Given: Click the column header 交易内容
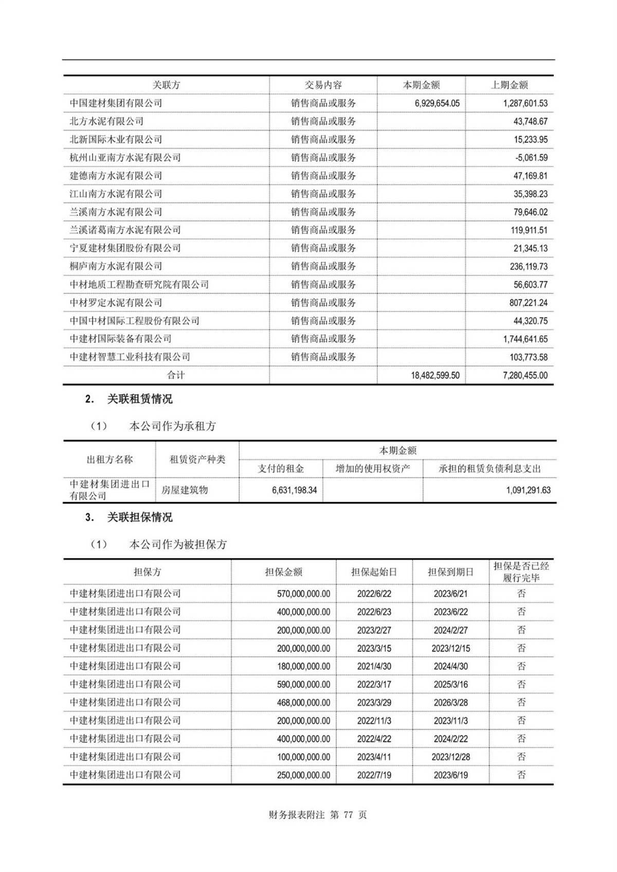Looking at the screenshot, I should click(323, 85).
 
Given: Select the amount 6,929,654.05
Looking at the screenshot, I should click(437, 103).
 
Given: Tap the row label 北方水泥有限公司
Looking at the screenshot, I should click(106, 121).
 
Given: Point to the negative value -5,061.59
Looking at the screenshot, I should click(531, 158).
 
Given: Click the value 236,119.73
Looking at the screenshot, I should click(529, 266).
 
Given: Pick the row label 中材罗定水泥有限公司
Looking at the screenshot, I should click(116, 303).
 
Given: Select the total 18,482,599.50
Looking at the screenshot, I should click(435, 375).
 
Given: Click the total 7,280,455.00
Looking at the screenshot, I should click(525, 375).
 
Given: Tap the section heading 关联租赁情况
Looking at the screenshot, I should click(139, 399).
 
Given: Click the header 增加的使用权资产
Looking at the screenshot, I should click(372, 469).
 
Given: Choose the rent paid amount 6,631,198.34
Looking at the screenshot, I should click(295, 490).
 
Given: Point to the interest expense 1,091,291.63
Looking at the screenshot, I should click(528, 490).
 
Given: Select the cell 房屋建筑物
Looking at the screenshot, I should click(185, 490).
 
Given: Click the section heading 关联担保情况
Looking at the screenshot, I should click(139, 517).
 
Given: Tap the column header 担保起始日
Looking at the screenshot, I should click(374, 572).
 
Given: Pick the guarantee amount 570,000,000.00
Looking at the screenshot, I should click(303, 593).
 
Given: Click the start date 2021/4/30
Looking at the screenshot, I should click(374, 666).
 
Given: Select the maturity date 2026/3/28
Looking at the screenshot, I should click(450, 702).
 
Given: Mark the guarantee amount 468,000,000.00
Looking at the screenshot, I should click(303, 702).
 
